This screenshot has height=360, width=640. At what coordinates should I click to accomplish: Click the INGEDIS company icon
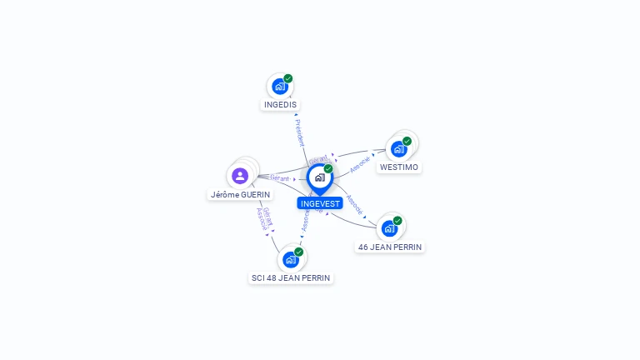(x=280, y=86)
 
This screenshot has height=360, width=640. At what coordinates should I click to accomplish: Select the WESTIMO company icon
(x=398, y=149)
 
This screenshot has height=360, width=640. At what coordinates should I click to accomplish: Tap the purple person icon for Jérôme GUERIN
(x=240, y=176)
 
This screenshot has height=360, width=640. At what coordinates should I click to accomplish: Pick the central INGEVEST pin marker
(x=319, y=177)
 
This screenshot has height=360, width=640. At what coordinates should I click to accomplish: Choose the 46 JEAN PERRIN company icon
(x=389, y=228)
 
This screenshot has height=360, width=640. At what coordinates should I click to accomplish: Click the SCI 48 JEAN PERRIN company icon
(x=291, y=259)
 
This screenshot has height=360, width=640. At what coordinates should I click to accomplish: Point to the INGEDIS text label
(x=280, y=105)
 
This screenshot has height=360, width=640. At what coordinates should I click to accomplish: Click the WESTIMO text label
(x=398, y=167)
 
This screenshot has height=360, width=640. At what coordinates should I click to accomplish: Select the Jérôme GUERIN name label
(x=240, y=194)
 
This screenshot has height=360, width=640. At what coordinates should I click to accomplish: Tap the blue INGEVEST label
(x=320, y=203)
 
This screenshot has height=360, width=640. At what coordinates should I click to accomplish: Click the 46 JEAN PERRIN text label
(x=390, y=247)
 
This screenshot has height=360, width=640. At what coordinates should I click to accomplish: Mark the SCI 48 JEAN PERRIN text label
(x=291, y=277)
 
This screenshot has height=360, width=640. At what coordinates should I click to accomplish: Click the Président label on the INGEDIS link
(x=299, y=133)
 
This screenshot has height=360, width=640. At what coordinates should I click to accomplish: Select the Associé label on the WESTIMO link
(x=360, y=162)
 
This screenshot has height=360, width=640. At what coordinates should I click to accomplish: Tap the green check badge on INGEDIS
(x=288, y=78)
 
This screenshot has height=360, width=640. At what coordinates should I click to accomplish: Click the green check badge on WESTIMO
(x=407, y=141)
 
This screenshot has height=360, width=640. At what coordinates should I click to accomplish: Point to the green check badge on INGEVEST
(x=328, y=168)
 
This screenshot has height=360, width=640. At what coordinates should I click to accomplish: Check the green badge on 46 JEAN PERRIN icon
(x=397, y=221)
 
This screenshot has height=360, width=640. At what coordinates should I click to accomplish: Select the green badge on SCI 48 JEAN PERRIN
(x=299, y=252)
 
